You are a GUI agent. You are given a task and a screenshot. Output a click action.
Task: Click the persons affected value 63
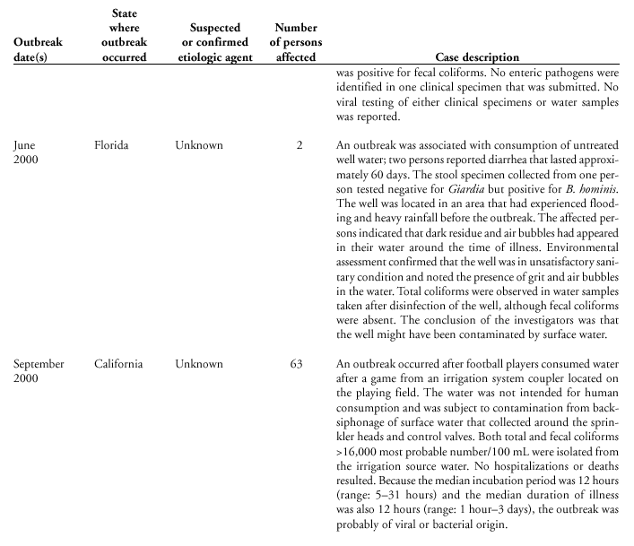tap(296, 364)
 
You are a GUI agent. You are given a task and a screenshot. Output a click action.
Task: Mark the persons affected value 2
tap(300, 144)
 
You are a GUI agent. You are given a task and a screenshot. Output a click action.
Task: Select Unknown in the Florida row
tap(199, 144)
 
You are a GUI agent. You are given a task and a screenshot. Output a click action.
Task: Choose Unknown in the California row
tap(199, 364)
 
